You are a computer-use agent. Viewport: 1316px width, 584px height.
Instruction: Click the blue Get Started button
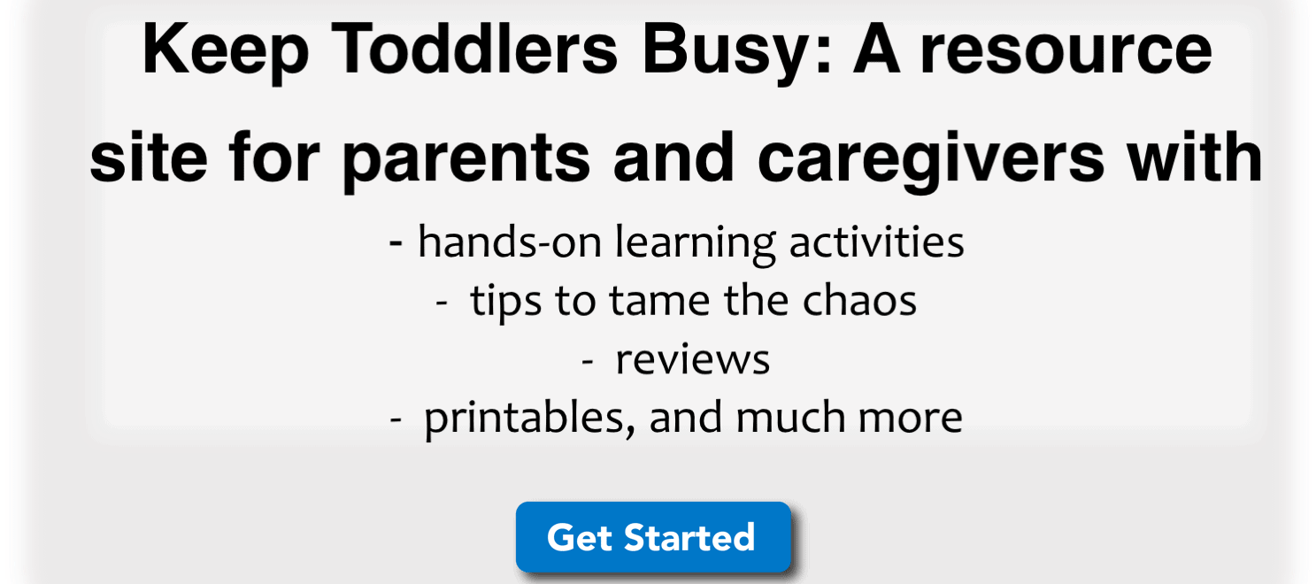point(653,537)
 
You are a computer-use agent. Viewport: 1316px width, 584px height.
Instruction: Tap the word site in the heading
point(149,157)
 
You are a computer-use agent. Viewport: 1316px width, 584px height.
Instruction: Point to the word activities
point(876,242)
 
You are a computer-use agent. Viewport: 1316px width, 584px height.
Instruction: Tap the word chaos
point(859,300)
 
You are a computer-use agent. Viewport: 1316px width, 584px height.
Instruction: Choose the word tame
point(659,302)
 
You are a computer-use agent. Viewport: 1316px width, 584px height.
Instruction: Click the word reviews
point(692,360)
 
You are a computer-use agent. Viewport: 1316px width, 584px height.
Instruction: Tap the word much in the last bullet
point(790,417)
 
